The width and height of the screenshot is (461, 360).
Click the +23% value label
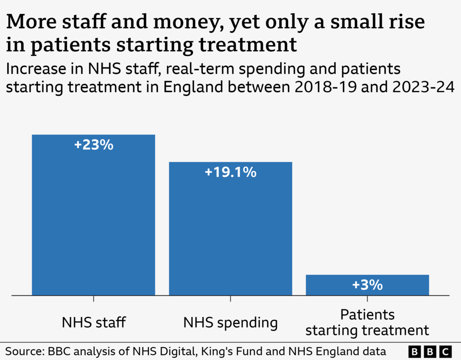pyautogui.click(x=94, y=145)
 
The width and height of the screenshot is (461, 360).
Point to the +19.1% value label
pyautogui.click(x=230, y=172)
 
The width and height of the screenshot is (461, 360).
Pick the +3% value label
pyautogui.click(x=367, y=285)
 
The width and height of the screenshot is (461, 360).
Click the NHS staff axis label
pyautogui.click(x=94, y=323)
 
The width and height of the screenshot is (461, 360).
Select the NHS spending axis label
pyautogui.click(x=230, y=323)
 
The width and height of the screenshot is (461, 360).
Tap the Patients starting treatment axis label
pyautogui.click(x=367, y=323)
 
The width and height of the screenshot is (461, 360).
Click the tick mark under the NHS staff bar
pyautogui.click(x=94, y=299)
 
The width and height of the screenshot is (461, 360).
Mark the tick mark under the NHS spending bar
pyautogui.click(x=230, y=299)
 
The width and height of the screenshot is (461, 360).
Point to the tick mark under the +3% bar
pyautogui.click(x=367, y=299)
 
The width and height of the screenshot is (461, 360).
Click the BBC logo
pyautogui.click(x=430, y=351)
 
